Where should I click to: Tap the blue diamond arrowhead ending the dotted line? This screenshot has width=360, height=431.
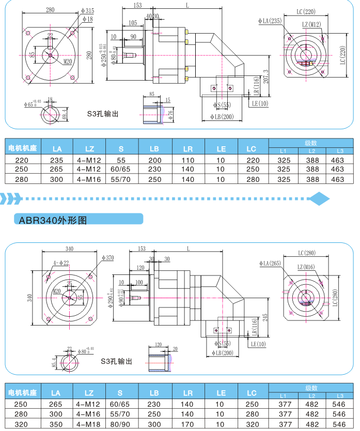coord(321,197)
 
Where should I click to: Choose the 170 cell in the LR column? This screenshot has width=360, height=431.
coord(188,424)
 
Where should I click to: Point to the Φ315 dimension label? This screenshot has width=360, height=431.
coord(87,10)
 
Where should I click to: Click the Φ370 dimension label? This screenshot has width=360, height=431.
coord(107,257)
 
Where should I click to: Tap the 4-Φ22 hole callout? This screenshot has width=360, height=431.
coord(61,263)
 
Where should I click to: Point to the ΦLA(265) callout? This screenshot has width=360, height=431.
coord(270,264)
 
